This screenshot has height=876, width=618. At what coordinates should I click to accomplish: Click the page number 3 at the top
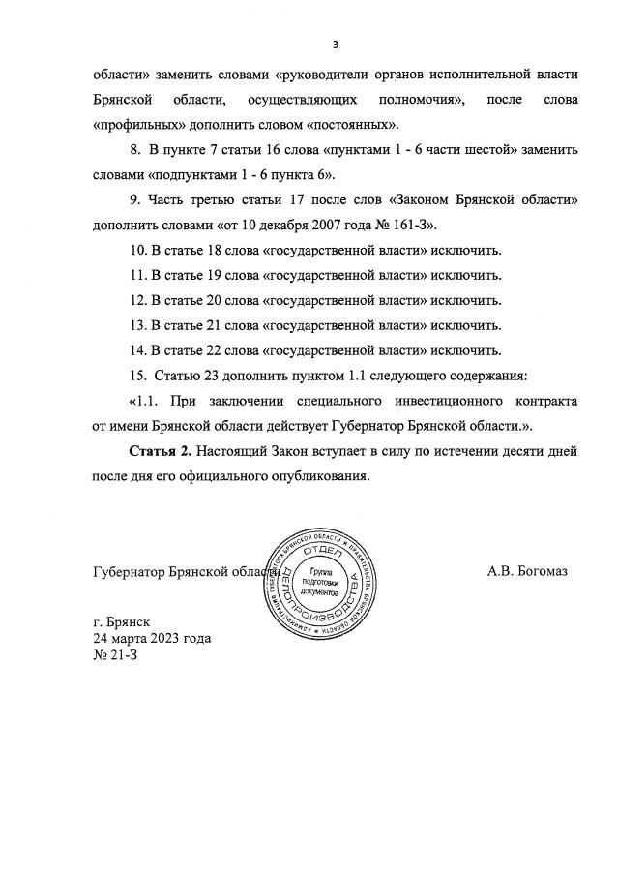click(335, 44)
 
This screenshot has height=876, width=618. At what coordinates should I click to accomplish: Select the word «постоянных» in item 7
click(358, 125)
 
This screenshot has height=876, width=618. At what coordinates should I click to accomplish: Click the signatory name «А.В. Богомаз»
click(527, 570)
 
